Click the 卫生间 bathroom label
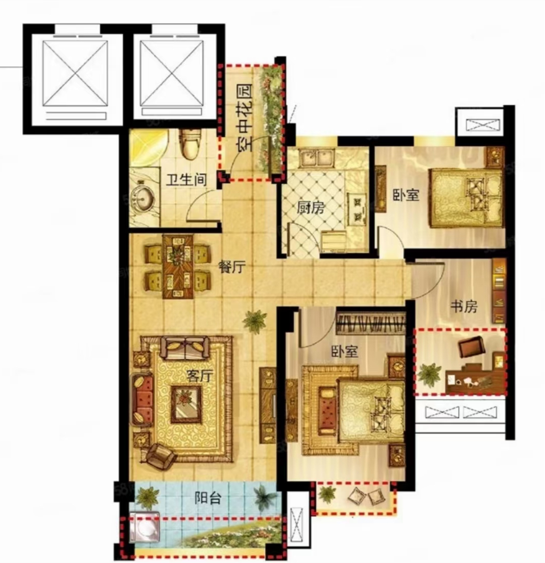(187, 179)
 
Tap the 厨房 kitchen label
(311, 207)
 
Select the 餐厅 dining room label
(232, 267)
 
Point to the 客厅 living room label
(200, 376)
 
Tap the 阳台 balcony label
(208, 498)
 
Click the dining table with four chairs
(177, 266)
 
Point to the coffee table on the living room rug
(185, 404)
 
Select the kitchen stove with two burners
(358, 208)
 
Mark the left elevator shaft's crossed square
(75, 73)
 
